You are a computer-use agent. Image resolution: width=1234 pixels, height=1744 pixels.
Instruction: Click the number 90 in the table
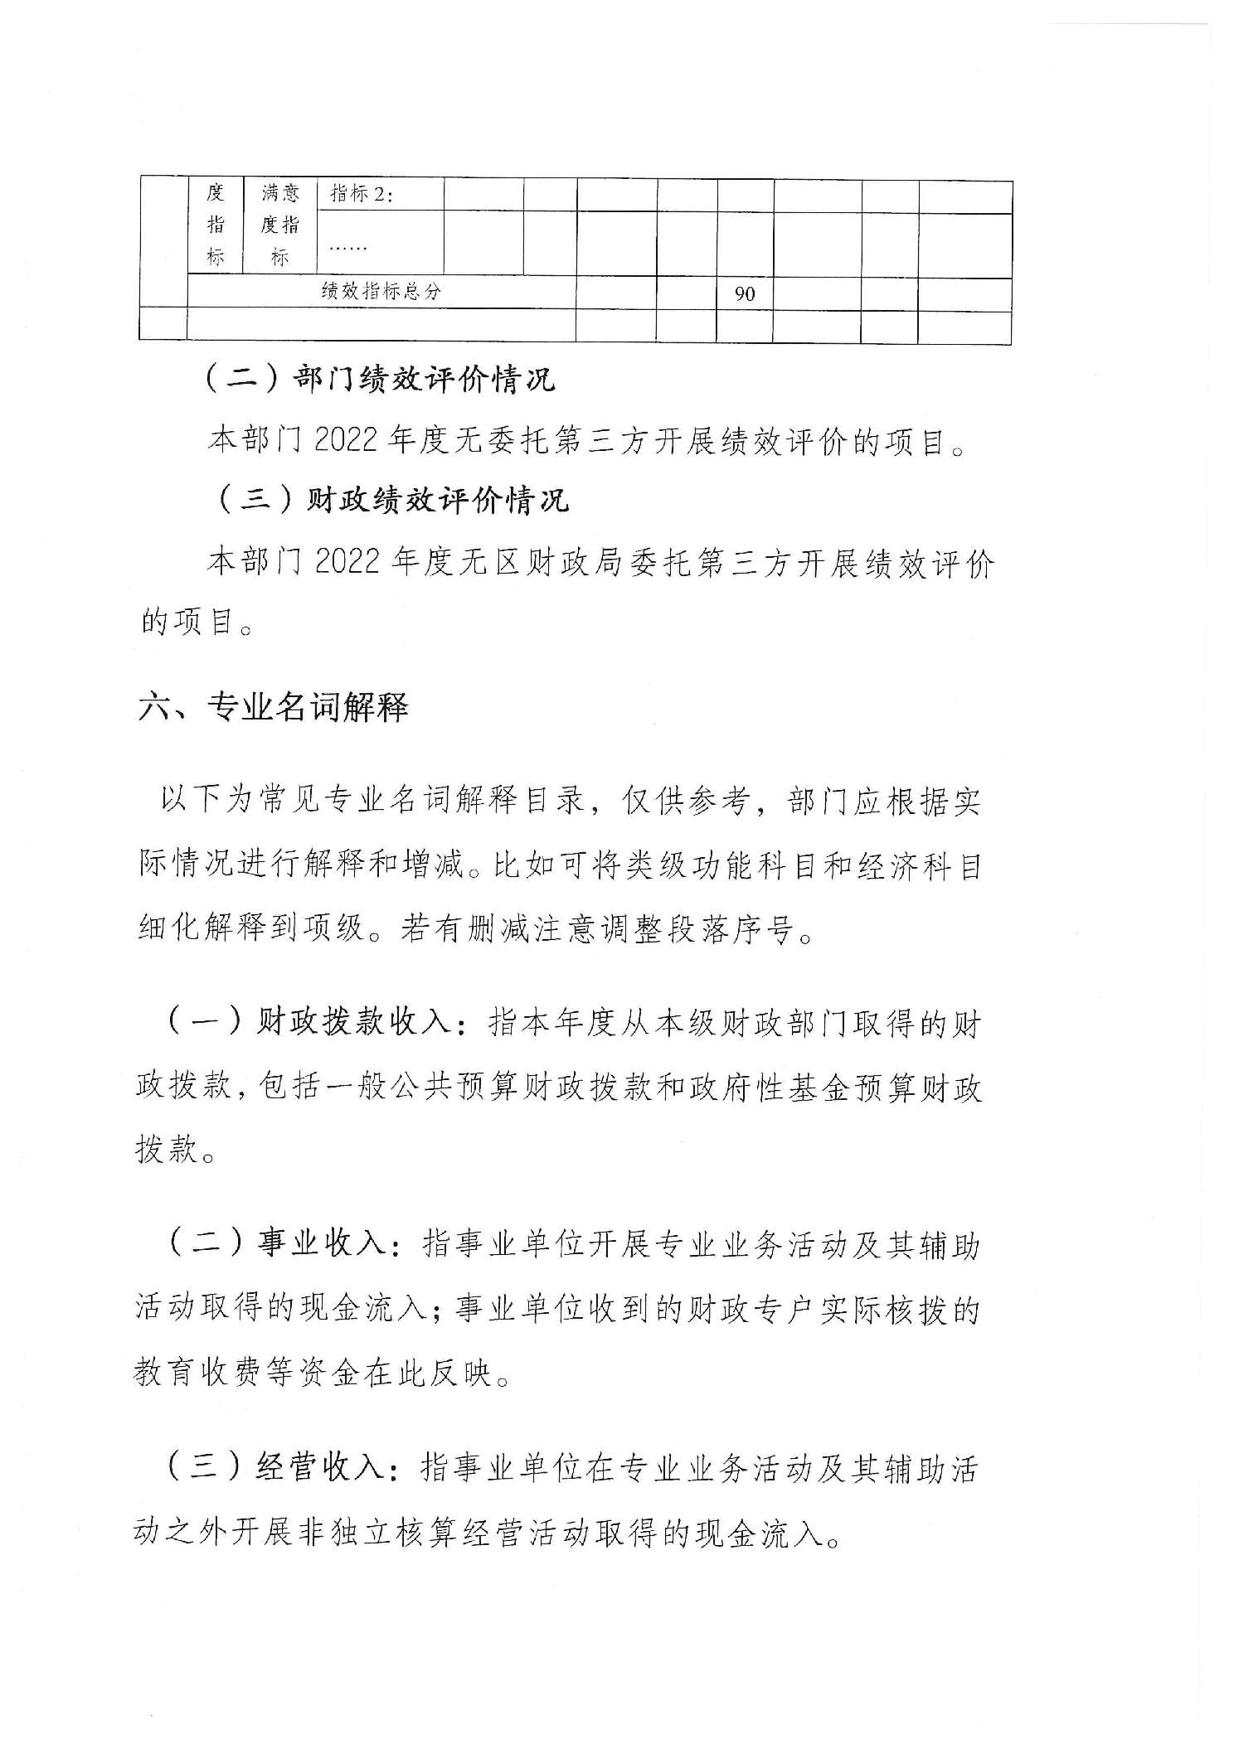pos(745,293)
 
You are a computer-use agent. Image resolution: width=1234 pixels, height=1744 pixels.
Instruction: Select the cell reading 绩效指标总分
pos(381,292)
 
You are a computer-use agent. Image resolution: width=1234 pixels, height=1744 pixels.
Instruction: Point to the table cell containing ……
pos(347,246)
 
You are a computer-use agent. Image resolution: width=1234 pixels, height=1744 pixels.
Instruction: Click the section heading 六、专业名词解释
pos(274,707)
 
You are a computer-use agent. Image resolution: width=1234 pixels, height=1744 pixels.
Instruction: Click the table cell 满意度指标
pos(280,225)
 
